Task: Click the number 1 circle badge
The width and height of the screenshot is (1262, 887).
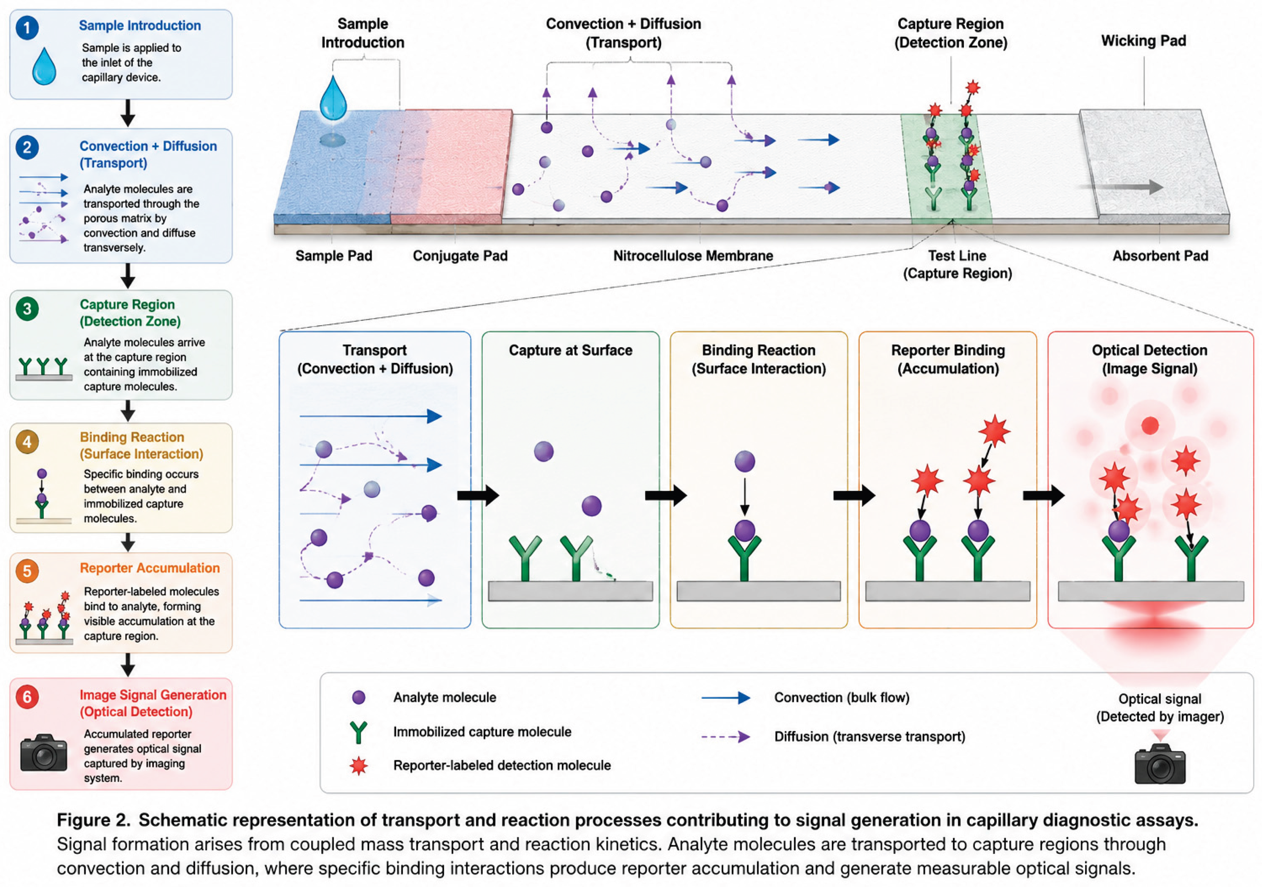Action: tap(27, 27)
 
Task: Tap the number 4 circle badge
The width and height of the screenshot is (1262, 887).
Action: tap(27, 442)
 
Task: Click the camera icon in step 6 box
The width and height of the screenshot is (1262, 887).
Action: tap(44, 753)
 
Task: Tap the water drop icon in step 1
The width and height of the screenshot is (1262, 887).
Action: tap(44, 66)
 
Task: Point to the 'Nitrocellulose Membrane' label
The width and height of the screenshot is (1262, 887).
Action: tap(693, 256)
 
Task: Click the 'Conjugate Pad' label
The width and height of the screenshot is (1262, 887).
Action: tap(460, 256)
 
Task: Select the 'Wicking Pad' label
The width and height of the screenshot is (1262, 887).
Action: tap(1143, 41)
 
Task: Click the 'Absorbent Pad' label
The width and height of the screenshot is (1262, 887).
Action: tap(1160, 256)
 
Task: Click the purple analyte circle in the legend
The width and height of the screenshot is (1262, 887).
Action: tap(358, 697)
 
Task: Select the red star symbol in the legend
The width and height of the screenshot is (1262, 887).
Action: tap(358, 765)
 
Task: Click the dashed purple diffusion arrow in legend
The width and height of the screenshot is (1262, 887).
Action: tap(726, 737)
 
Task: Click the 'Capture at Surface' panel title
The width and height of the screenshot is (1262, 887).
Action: tap(571, 350)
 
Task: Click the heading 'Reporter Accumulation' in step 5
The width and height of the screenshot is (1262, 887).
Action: tap(150, 568)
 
